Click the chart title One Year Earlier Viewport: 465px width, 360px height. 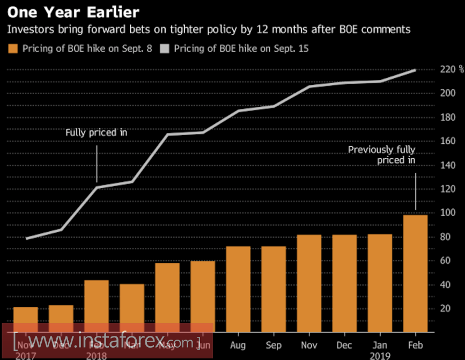73,12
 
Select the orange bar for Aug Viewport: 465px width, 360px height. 238,290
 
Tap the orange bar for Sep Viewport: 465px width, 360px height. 274,290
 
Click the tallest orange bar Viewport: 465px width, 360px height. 415,274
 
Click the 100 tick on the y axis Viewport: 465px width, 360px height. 448,213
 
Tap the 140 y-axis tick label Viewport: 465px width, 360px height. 448,165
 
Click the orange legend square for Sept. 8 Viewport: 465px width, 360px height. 13,49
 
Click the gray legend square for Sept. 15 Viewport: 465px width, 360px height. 164,49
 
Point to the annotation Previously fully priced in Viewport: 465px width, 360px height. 381,155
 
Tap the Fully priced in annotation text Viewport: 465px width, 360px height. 96,132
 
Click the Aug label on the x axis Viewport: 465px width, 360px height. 238,346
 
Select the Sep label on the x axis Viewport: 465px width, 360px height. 274,346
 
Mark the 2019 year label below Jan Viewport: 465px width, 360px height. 380,356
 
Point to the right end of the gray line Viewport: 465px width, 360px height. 415,70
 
